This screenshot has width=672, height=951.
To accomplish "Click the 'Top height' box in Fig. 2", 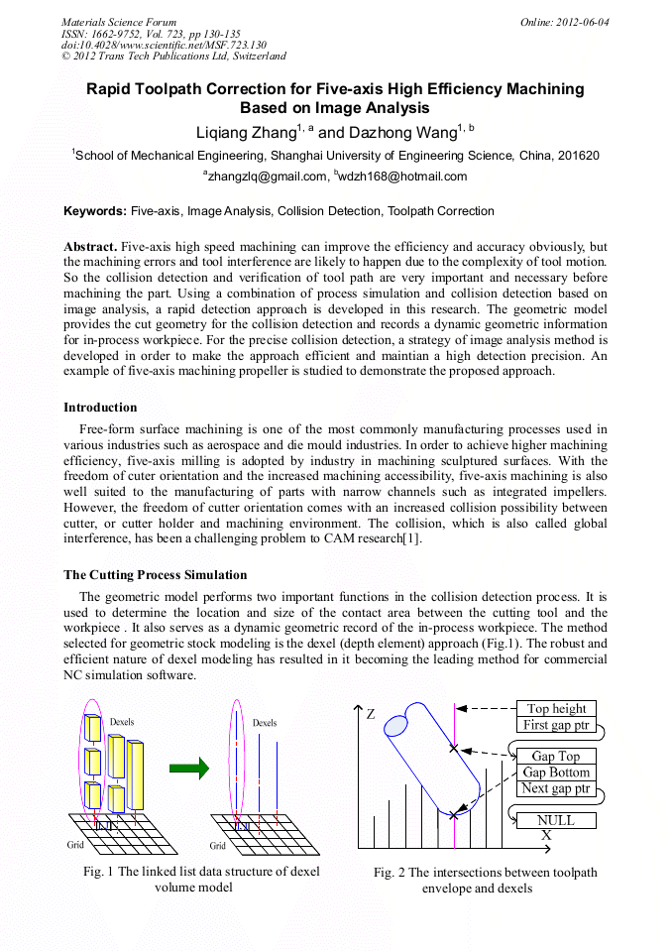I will (556, 708).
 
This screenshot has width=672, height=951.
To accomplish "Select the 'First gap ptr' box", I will (556, 725).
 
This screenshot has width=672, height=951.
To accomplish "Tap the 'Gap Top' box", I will (556, 756).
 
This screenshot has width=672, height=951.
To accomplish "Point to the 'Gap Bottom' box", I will (556, 773).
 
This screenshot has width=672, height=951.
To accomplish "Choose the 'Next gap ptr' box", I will (556, 789).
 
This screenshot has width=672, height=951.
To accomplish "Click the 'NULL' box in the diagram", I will (556, 820).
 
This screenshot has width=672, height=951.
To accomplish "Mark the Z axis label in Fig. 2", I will (370, 714).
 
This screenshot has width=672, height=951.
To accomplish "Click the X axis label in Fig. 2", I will (546, 836).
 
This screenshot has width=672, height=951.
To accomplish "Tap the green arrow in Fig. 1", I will (189, 767).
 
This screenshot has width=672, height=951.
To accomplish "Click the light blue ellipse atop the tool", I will (395, 726).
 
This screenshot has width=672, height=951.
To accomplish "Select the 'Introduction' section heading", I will (100, 408).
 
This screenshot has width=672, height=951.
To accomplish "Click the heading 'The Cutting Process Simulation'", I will (155, 575).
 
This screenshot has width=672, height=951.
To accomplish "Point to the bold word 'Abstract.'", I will (90, 246).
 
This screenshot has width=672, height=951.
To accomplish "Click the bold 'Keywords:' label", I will (95, 211).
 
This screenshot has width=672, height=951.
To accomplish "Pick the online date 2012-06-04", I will (581, 22).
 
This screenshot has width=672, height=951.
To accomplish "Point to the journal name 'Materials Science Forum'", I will (119, 22).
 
